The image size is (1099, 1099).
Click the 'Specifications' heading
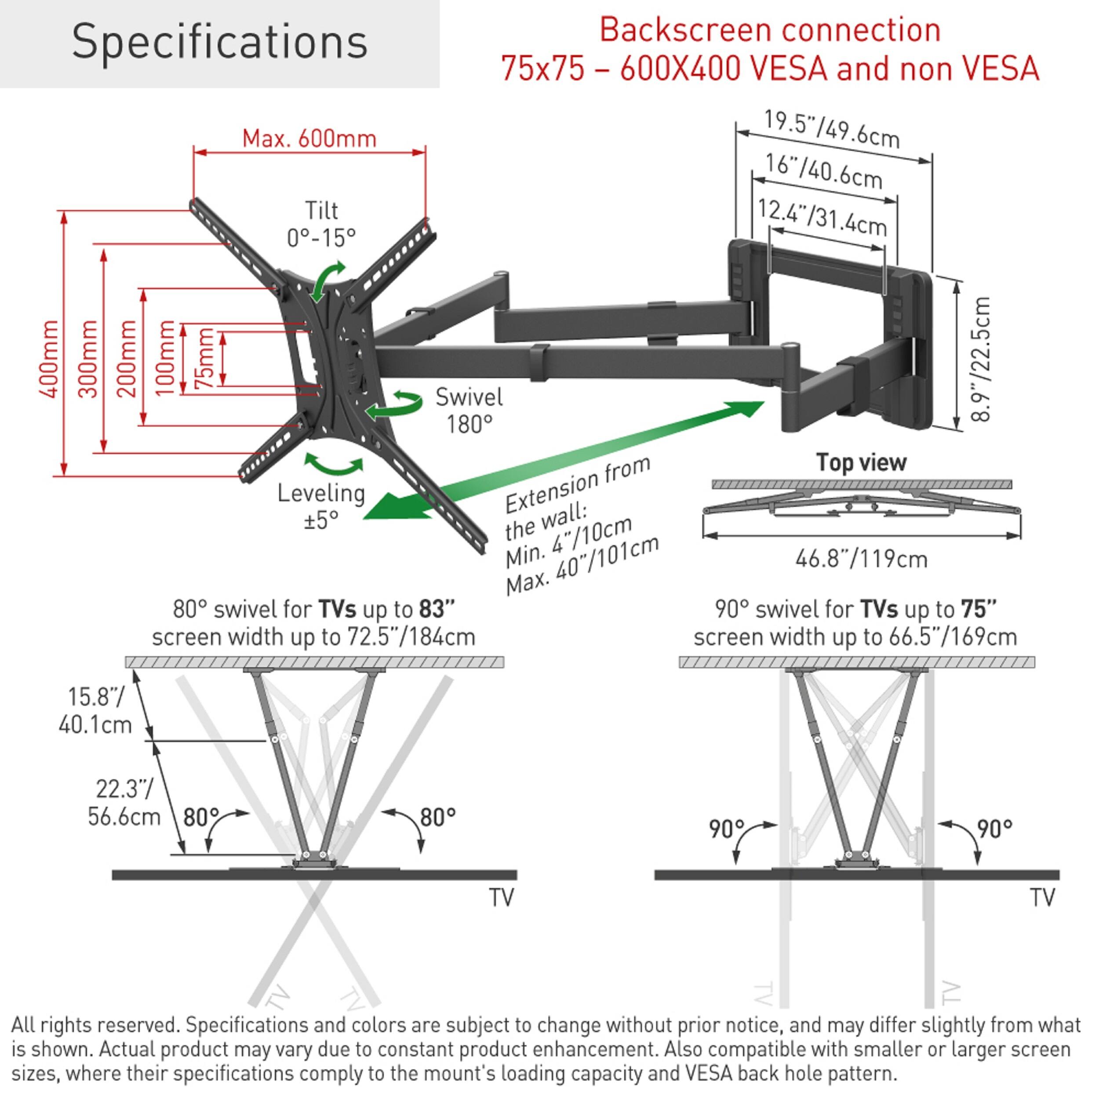click(x=219, y=42)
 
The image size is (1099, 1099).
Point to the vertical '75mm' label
click(x=205, y=358)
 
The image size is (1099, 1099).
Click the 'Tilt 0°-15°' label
click(x=321, y=224)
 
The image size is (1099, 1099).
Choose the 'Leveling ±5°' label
click(x=321, y=506)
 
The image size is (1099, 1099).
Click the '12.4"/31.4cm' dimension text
click(x=822, y=217)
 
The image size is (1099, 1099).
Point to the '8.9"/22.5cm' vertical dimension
click(x=981, y=359)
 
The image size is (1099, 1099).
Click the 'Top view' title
click(x=861, y=462)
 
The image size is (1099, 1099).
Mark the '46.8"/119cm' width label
click(x=861, y=559)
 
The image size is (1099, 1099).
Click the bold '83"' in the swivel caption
click(x=437, y=609)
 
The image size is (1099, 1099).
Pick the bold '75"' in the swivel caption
click(x=979, y=609)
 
